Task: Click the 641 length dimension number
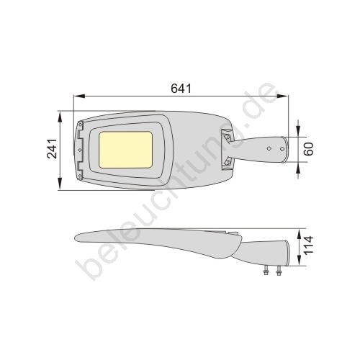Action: coord(181,89)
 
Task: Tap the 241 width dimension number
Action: coord(52,148)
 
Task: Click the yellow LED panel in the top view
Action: coord(126,150)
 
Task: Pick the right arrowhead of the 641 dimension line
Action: coord(282,96)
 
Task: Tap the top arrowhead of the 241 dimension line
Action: coord(60,117)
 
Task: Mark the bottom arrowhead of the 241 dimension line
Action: coord(60,184)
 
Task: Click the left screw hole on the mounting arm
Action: coord(269,148)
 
